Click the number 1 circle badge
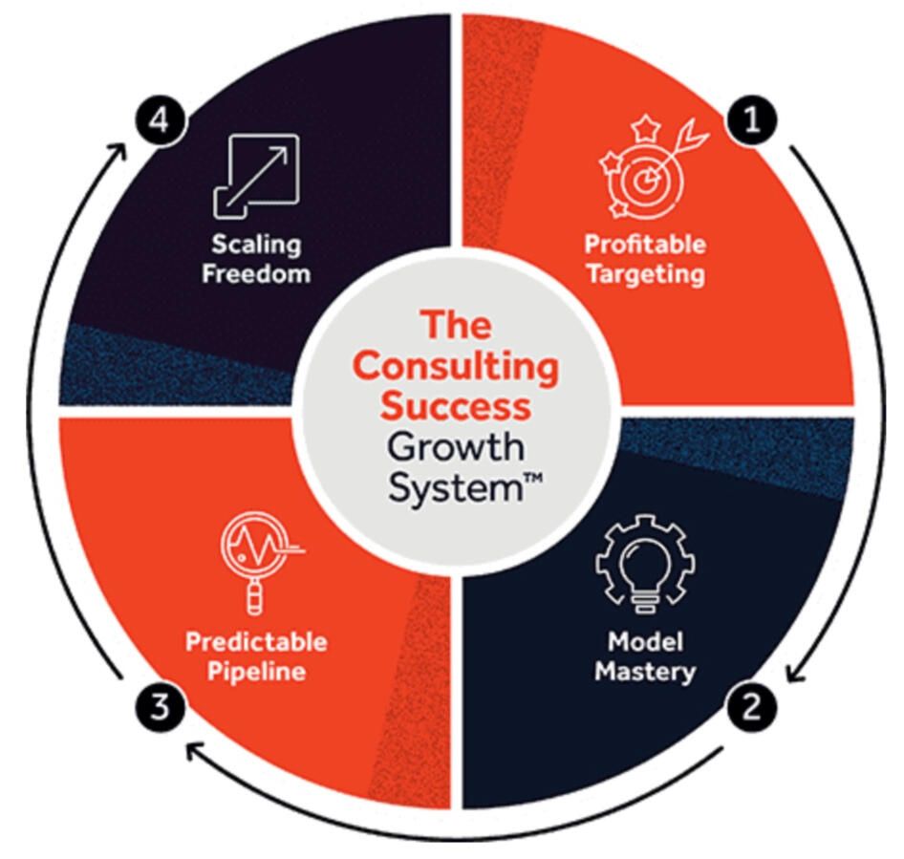(x=753, y=121)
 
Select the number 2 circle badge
(x=752, y=707)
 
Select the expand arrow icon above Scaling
(x=255, y=176)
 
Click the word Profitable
(x=645, y=245)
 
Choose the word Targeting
(x=645, y=275)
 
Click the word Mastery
(x=644, y=671)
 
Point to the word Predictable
(x=255, y=640)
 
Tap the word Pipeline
(x=255, y=671)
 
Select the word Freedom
(x=256, y=274)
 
